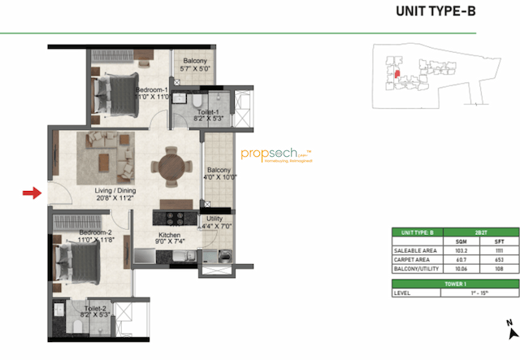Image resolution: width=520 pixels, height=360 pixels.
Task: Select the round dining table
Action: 171,167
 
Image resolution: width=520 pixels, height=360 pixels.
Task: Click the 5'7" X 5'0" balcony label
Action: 195,66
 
